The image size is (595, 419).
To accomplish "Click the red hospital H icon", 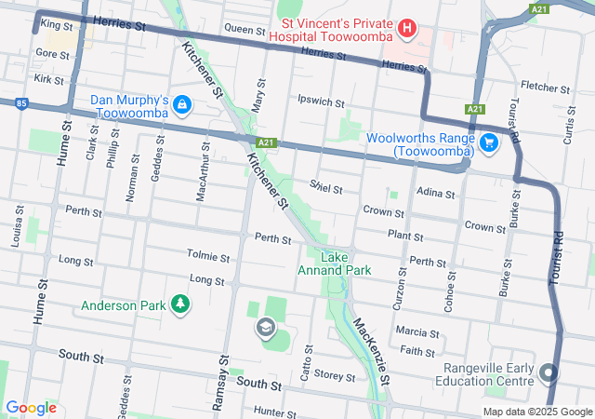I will tap(406, 29).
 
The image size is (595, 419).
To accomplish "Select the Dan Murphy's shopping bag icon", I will tap(182, 104).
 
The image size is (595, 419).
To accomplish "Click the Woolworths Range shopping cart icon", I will tap(490, 142).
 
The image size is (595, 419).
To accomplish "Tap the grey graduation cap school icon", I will tap(265, 328).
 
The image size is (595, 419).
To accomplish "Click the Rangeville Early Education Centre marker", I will tap(549, 374).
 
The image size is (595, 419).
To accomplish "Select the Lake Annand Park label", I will tap(334, 264).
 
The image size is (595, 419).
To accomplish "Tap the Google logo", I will tap(32, 408).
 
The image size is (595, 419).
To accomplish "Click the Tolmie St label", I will tap(207, 256).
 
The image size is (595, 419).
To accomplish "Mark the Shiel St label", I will tap(326, 188).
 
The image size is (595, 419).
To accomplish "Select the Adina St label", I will tap(435, 195).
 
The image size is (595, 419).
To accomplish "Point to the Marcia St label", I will tap(416, 332).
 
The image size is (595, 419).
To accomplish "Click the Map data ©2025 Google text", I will tap(535, 412).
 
